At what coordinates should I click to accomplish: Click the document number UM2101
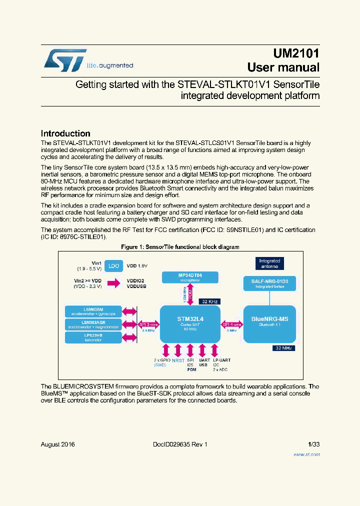(296, 53)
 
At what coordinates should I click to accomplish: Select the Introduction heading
(65, 133)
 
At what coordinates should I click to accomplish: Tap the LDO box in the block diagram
(113, 265)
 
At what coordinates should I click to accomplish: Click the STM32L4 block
(190, 324)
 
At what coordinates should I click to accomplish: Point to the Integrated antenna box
(269, 263)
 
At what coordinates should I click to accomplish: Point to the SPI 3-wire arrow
(148, 324)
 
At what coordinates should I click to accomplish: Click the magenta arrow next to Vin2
(113, 284)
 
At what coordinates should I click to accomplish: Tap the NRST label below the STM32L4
(178, 360)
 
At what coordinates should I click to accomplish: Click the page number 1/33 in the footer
(313, 444)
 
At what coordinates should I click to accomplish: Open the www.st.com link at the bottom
(306, 454)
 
